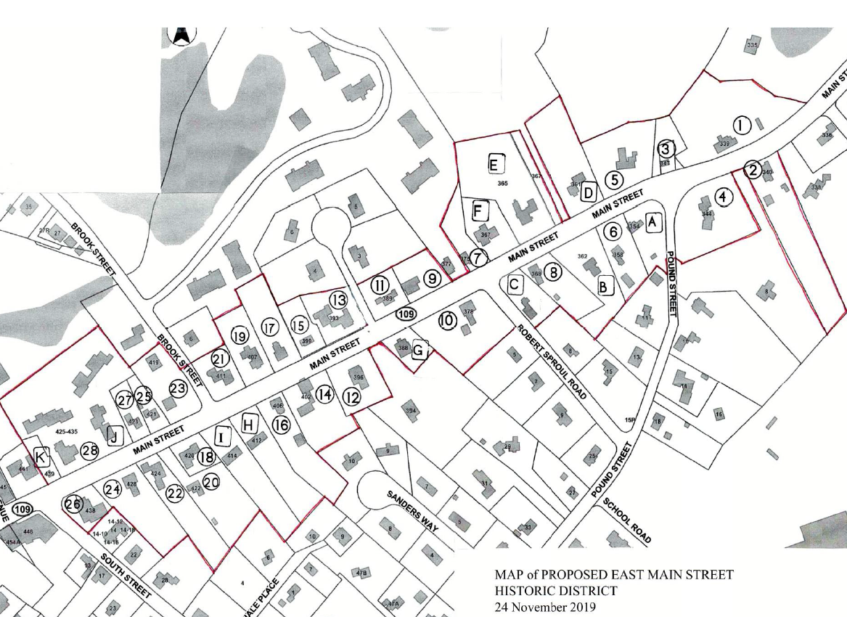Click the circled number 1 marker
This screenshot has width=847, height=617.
741,126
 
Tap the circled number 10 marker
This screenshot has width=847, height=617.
447,319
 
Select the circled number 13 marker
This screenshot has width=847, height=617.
338,299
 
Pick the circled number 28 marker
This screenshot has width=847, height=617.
90,451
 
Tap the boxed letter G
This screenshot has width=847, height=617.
418,351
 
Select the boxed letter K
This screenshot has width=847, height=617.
41,457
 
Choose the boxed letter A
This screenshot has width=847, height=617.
653,222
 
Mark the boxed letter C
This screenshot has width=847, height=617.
514,285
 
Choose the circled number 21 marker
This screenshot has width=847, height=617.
220,359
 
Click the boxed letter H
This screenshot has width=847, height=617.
249,423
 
